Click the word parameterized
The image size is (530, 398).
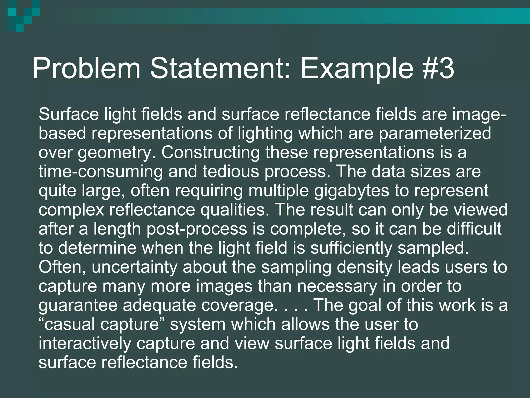point(435,133)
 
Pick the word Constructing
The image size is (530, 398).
point(211,152)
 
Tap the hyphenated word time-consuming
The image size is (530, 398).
point(101,172)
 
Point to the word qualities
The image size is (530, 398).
point(235,210)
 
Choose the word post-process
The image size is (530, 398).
point(197,229)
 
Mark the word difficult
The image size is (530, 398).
point(474,229)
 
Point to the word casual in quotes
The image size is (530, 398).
point(70,324)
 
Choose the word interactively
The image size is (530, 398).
point(85,344)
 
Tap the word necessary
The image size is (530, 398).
point(337,286)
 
